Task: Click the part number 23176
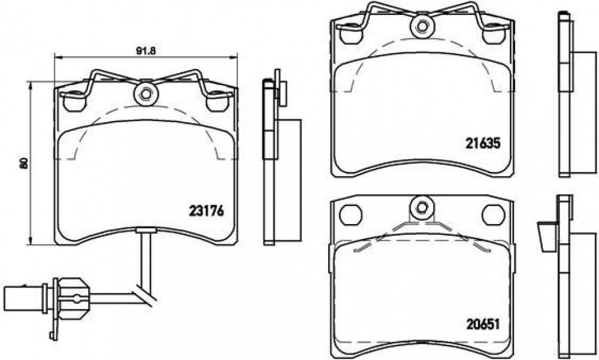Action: (206, 211)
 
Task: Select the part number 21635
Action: (482, 143)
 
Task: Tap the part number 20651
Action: (483, 325)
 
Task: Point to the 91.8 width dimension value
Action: (146, 51)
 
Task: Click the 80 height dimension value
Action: (24, 163)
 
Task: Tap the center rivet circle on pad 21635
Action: (422, 26)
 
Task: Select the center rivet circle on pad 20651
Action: (421, 207)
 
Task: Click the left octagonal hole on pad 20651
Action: (350, 215)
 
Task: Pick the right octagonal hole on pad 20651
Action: (493, 215)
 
